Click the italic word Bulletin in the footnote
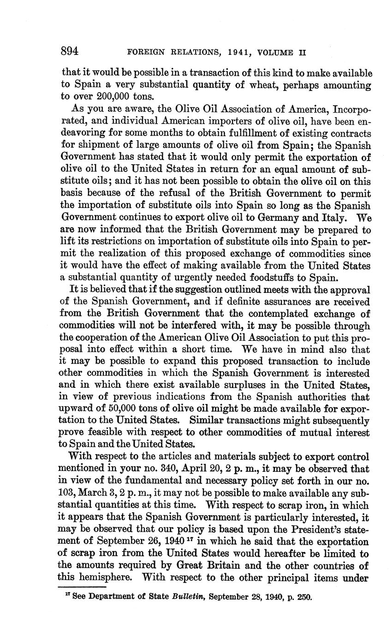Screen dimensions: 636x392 (189, 597)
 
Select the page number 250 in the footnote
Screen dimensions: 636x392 (303, 597)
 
